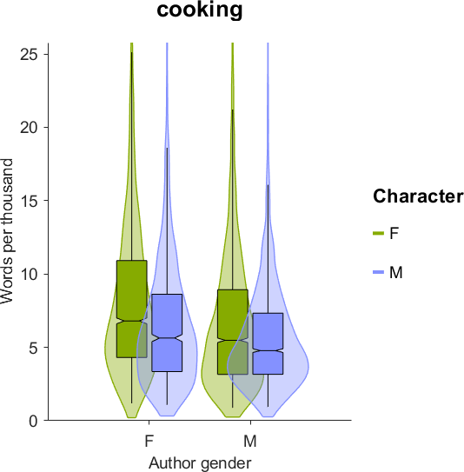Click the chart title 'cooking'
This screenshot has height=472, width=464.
[200, 10]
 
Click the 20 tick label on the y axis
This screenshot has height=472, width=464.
[30, 128]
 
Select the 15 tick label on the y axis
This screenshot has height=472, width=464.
[30, 201]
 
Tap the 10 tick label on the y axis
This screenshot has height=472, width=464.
[30, 274]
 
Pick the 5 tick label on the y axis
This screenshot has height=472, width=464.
[34, 348]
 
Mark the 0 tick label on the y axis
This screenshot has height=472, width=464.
[34, 421]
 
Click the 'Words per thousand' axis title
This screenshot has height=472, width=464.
[7, 231]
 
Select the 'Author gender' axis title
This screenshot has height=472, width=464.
[200, 463]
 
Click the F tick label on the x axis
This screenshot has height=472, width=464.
[149, 442]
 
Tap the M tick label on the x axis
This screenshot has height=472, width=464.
[250, 442]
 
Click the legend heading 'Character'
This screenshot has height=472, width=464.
[418, 196]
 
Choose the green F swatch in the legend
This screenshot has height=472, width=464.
[379, 233]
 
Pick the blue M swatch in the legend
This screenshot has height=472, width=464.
[379, 272]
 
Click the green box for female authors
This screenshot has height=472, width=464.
[132, 309]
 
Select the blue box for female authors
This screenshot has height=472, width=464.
[167, 333]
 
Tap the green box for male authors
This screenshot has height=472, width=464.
[233, 332]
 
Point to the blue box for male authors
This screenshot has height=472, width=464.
[268, 343]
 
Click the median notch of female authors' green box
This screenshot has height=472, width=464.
[132, 321]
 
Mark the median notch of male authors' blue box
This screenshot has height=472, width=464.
[268, 350]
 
